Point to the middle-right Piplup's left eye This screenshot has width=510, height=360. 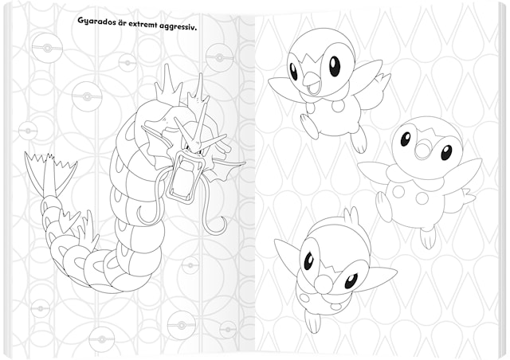[x=406, y=139]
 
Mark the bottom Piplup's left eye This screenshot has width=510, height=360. [x=308, y=260]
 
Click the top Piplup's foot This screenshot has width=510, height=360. [x=359, y=142]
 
